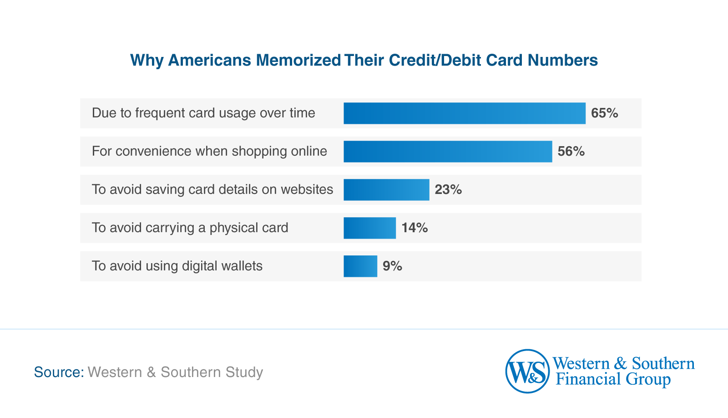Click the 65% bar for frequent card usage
point(464,113)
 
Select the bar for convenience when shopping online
point(448,152)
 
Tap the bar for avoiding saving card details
point(386,190)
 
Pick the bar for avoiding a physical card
point(369,228)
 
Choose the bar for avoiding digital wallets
point(360,266)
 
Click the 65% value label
point(604,113)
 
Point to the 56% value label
point(571,152)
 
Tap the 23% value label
point(448,190)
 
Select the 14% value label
point(415,228)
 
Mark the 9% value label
point(392,266)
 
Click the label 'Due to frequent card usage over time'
point(203,113)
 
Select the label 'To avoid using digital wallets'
point(177,266)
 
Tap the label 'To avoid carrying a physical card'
point(190,228)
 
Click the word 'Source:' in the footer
point(59,372)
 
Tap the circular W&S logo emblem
point(527,372)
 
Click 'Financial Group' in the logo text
point(613,379)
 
